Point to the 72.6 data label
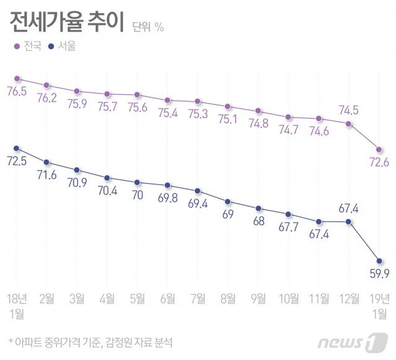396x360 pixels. (x=377, y=163)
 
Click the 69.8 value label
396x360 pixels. (x=168, y=198)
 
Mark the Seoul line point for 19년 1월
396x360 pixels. (x=379, y=260)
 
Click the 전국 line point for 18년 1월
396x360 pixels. (x=17, y=79)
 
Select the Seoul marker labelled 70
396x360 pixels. (x=137, y=182)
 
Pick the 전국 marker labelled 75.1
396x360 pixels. (x=228, y=106)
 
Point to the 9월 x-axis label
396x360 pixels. (x=258, y=299)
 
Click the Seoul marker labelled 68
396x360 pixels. (x=258, y=208)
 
